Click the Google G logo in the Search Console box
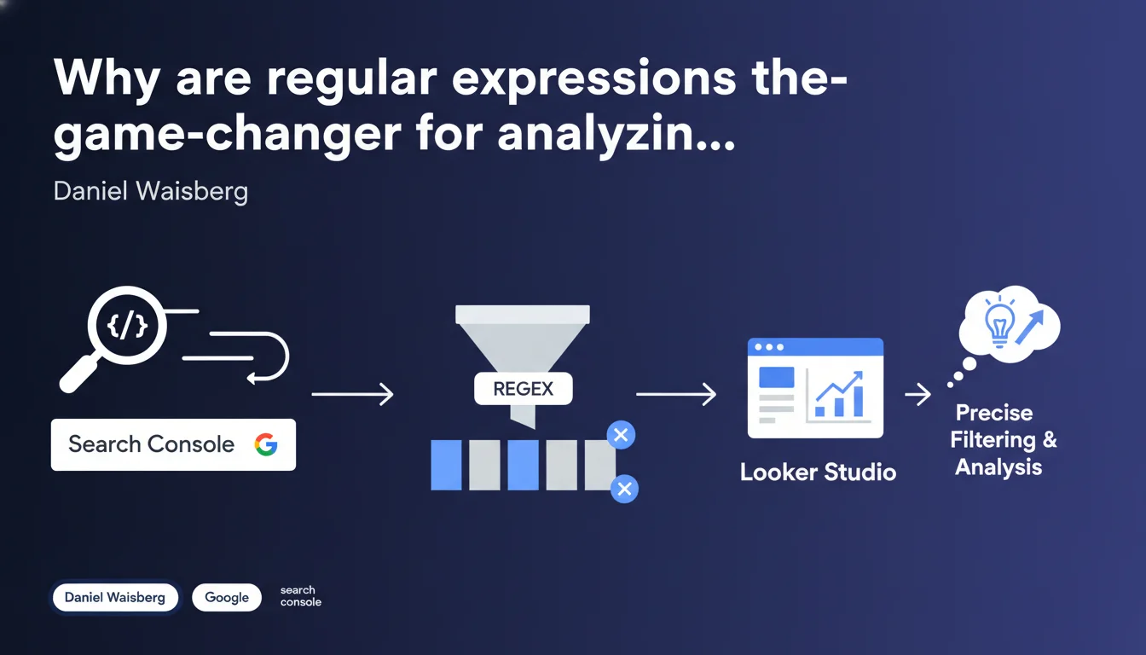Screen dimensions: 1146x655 [x=266, y=444]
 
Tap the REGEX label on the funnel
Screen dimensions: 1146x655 [x=523, y=389]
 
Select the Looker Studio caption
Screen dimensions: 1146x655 [x=818, y=472]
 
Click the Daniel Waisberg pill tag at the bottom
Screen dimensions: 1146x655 [x=115, y=597]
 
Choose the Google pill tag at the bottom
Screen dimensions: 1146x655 [x=227, y=597]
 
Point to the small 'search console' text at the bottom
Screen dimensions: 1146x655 [x=300, y=596]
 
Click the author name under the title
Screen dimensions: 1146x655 [x=150, y=191]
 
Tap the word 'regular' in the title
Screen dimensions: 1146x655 [x=352, y=81]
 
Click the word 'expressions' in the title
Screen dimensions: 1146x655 [x=594, y=81]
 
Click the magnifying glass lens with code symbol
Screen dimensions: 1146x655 [x=127, y=326]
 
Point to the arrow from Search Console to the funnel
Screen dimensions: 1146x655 [x=352, y=394]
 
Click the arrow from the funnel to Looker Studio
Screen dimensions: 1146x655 [x=676, y=394]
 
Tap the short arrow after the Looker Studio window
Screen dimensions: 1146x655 [x=917, y=394]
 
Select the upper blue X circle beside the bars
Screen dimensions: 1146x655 [x=621, y=435]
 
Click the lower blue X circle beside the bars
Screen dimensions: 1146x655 [x=624, y=489]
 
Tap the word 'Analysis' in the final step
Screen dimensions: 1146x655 [x=998, y=467]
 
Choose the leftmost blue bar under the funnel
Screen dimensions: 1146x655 [x=446, y=465]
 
